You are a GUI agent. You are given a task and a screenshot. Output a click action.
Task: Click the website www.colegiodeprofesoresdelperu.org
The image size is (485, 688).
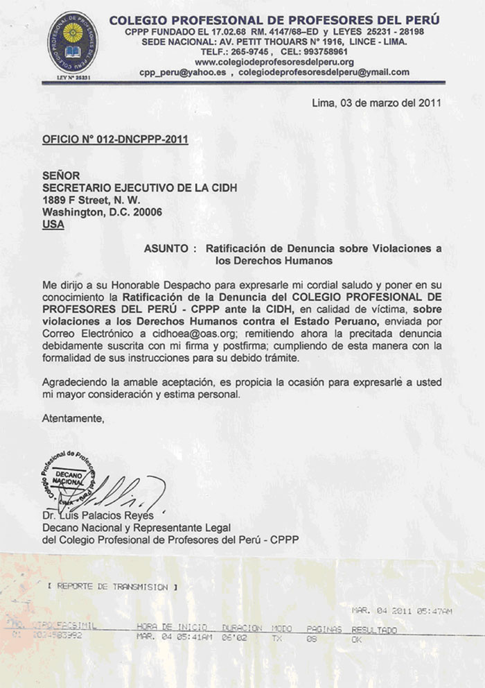(x=264, y=62)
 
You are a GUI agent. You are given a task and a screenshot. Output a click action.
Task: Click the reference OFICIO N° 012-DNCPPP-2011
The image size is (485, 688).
(x=115, y=139)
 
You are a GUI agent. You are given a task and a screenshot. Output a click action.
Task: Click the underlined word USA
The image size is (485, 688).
(x=53, y=225)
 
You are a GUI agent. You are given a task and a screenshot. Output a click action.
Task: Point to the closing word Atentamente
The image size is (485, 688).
(x=73, y=418)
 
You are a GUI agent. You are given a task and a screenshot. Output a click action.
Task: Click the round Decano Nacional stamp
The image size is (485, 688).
(x=69, y=480)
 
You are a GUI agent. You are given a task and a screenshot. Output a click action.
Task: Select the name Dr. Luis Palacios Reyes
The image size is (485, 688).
(x=96, y=515)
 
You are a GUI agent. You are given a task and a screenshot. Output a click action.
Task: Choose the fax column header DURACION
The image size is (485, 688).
(x=241, y=628)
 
